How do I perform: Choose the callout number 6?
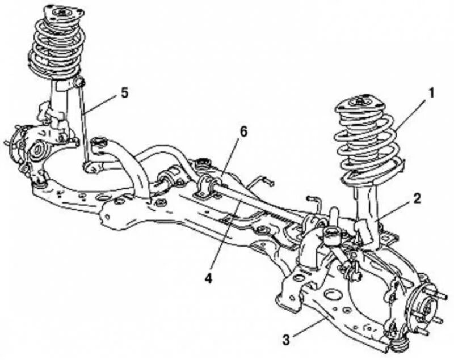click(x=243, y=132)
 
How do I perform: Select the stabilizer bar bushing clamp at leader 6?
click(x=208, y=186)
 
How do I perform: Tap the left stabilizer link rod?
click(x=85, y=122)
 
